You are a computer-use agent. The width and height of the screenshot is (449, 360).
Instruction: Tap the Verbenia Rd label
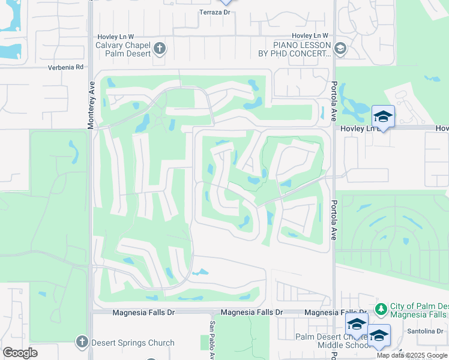[x=66, y=67]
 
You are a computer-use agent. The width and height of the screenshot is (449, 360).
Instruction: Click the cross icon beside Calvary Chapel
[x=160, y=48]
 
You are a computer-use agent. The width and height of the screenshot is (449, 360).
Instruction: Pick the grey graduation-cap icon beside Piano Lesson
[x=340, y=48]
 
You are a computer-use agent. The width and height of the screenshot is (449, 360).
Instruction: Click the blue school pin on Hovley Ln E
[x=383, y=116]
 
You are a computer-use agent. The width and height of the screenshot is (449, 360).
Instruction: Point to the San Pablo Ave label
[x=211, y=340]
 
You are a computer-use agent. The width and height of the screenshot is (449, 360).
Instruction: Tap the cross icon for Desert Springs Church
[x=82, y=342]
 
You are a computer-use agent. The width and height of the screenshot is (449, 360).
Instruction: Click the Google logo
[x=20, y=352]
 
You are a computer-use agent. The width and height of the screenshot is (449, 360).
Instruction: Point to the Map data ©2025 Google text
[x=412, y=355]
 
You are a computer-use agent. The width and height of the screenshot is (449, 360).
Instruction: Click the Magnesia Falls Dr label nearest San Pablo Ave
[x=252, y=313]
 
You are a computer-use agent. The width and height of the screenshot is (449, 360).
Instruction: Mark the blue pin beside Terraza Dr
[x=226, y=2]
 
